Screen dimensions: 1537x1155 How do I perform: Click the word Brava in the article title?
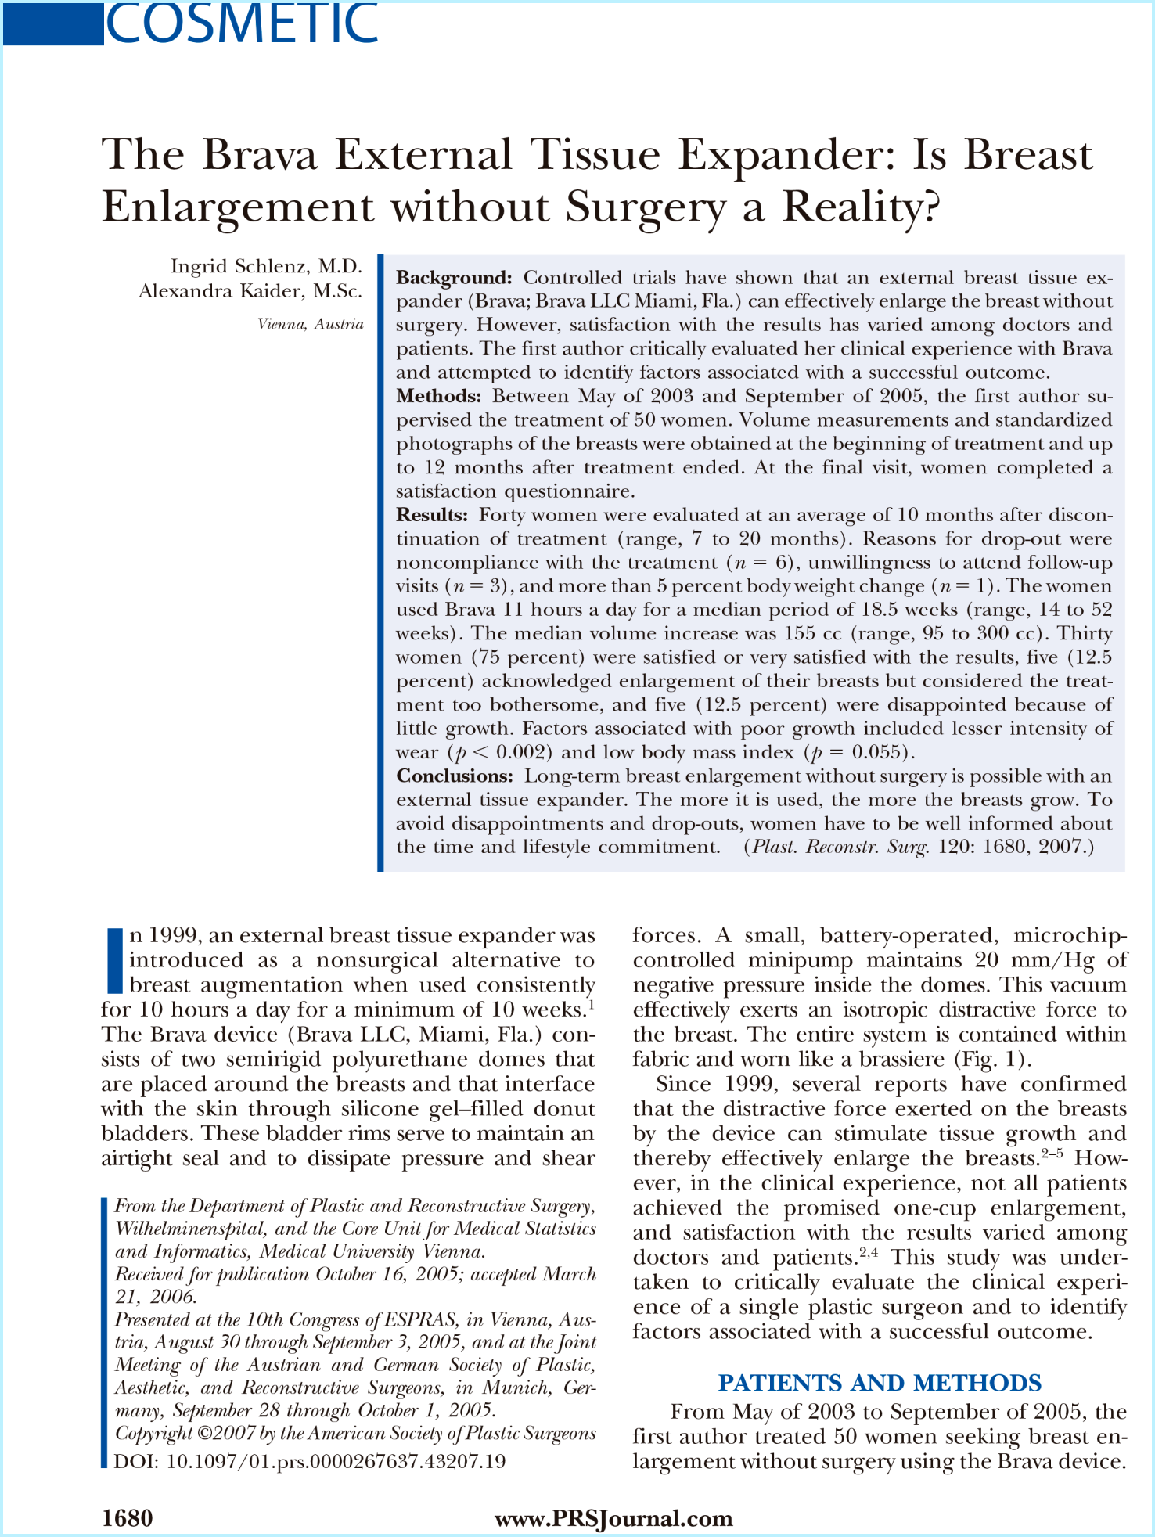(260, 154)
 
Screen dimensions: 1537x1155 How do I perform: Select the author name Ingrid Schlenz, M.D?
(266, 266)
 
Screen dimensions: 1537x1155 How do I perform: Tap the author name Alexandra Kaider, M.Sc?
(250, 291)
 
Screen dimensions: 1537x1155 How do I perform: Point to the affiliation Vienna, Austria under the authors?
(311, 324)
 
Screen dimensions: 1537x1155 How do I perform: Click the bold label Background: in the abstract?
(454, 278)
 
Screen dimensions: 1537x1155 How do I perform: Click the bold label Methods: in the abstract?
(438, 396)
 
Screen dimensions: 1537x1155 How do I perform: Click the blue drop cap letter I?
(114, 959)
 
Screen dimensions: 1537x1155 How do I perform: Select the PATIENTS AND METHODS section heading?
(880, 1383)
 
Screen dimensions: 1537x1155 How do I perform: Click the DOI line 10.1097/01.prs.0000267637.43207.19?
(310, 1461)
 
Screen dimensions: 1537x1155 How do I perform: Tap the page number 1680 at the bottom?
(128, 1518)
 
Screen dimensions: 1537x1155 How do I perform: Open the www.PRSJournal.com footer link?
(613, 1518)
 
